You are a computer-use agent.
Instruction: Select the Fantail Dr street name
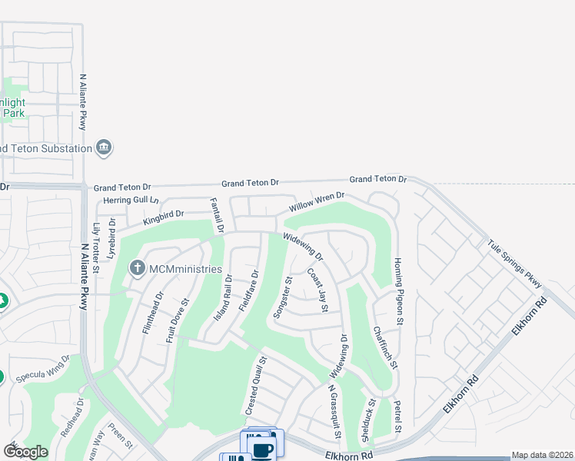[217, 215]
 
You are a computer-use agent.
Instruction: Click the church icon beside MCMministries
[137, 267]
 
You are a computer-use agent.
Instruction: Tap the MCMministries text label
[184, 270]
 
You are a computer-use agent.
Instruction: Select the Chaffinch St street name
[384, 348]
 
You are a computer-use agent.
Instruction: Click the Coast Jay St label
[318, 290]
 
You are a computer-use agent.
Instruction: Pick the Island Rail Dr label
[223, 300]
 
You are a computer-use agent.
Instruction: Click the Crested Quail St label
[256, 386]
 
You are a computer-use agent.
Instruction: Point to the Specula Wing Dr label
[44, 368]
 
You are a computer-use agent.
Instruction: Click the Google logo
[25, 451]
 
